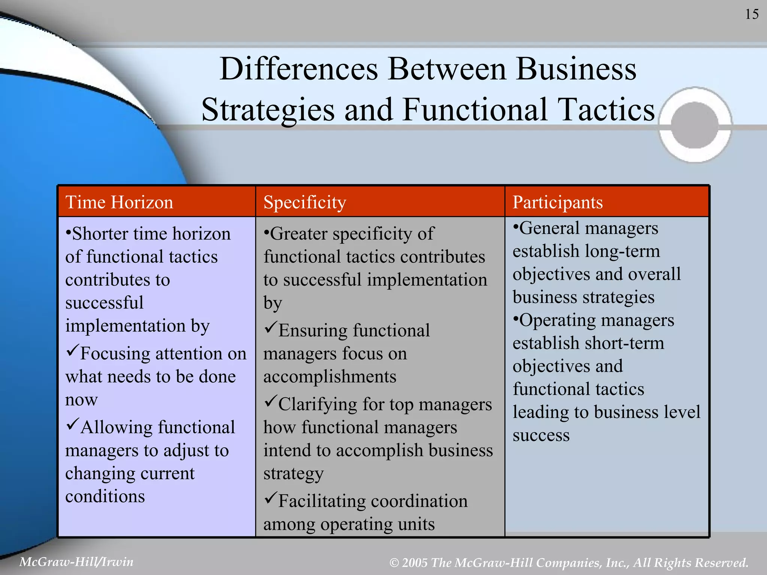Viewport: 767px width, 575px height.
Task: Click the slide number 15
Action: coord(752,15)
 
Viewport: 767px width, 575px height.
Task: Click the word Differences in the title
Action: coord(298,69)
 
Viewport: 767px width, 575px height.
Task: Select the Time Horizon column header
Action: coord(119,203)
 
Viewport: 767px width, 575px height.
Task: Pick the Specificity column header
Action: coord(304,203)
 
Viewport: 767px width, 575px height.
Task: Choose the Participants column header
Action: coord(557,203)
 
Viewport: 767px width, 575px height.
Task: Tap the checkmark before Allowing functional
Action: coord(72,425)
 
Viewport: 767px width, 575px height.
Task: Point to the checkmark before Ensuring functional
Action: coord(270,328)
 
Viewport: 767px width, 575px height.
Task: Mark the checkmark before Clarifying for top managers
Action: coord(270,402)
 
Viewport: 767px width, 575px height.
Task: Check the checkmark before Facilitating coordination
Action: coord(270,499)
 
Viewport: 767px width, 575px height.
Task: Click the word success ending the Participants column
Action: coord(541,435)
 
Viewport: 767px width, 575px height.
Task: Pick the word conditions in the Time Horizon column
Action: coord(105,496)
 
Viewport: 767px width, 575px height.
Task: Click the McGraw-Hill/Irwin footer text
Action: coord(76,562)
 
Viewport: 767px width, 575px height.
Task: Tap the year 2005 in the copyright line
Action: coord(415,563)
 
